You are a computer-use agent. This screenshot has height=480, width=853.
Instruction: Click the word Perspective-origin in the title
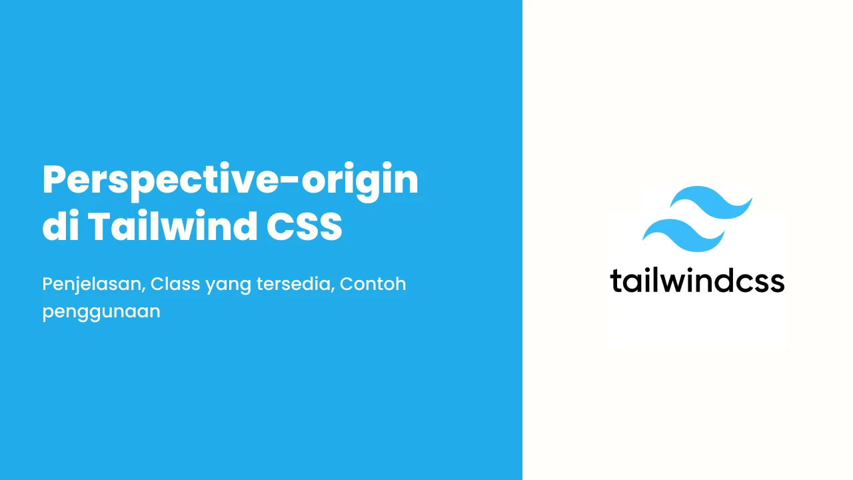click(x=231, y=181)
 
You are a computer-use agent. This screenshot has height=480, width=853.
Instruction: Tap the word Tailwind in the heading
click(x=173, y=226)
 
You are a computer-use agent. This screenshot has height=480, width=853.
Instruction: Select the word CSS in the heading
click(x=304, y=226)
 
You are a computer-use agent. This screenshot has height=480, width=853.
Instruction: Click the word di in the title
click(x=61, y=225)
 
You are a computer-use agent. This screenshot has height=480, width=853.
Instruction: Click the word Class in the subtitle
click(x=175, y=284)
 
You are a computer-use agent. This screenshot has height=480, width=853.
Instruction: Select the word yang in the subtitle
click(x=228, y=287)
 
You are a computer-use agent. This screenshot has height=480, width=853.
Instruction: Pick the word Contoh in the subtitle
click(x=373, y=284)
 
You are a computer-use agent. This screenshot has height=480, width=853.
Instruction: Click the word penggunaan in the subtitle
click(x=101, y=313)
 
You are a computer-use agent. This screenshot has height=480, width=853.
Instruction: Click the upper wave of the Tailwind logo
click(x=711, y=202)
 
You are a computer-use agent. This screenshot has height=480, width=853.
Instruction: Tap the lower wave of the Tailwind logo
click(x=684, y=235)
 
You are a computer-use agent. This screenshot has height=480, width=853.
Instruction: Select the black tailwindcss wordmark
click(x=697, y=281)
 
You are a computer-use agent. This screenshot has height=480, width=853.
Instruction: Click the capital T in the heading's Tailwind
click(x=99, y=226)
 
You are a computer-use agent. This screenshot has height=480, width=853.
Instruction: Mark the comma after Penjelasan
click(x=143, y=292)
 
